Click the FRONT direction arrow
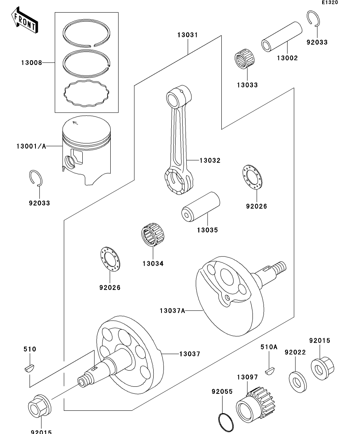(24, 22)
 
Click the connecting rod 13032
(178, 142)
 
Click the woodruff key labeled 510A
(270, 370)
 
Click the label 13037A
(172, 310)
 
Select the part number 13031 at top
(187, 35)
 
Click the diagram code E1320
(329, 3)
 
